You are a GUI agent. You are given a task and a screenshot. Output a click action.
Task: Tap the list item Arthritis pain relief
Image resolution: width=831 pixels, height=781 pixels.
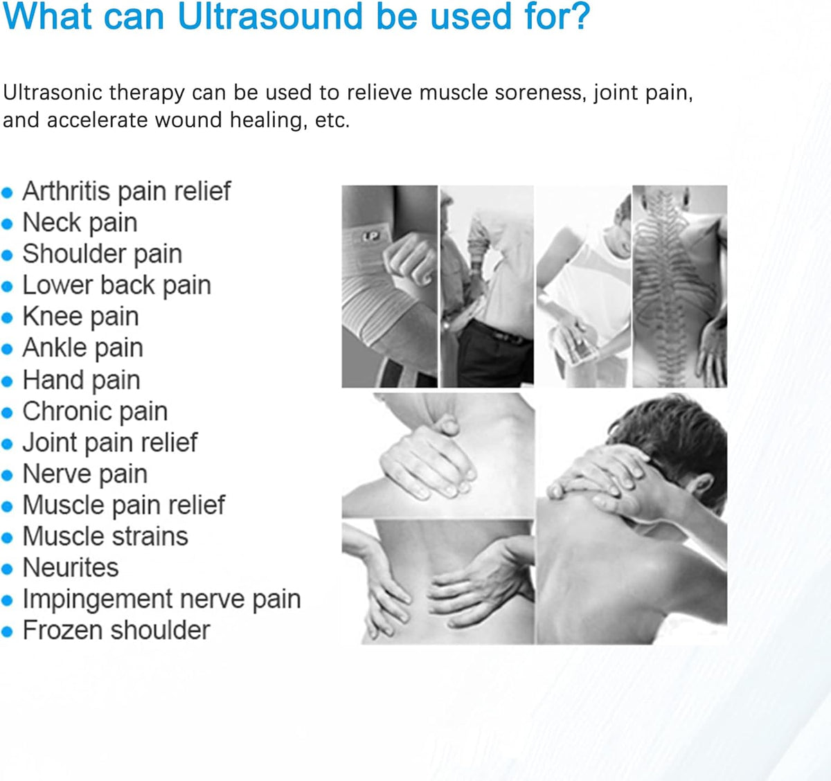126,191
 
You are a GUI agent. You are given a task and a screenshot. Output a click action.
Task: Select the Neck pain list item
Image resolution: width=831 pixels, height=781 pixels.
80,223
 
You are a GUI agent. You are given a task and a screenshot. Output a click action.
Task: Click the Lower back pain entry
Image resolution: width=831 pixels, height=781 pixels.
116,285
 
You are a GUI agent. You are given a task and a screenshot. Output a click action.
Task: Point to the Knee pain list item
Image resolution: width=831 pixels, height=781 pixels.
80,316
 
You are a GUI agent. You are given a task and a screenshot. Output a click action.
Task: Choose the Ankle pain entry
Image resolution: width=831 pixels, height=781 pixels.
82,348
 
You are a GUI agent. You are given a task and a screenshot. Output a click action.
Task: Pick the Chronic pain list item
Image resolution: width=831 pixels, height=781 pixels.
95,411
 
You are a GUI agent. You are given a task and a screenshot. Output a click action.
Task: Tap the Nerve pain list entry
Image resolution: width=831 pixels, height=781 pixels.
84,474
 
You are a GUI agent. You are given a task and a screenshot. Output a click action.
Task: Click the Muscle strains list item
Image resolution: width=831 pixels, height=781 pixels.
105,537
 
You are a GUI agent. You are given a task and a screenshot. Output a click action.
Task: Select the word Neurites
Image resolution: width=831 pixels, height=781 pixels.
71,568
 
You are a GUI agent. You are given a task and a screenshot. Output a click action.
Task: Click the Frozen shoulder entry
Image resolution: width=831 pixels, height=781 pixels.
116,630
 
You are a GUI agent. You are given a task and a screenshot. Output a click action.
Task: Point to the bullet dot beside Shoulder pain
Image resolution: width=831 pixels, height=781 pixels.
8,255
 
